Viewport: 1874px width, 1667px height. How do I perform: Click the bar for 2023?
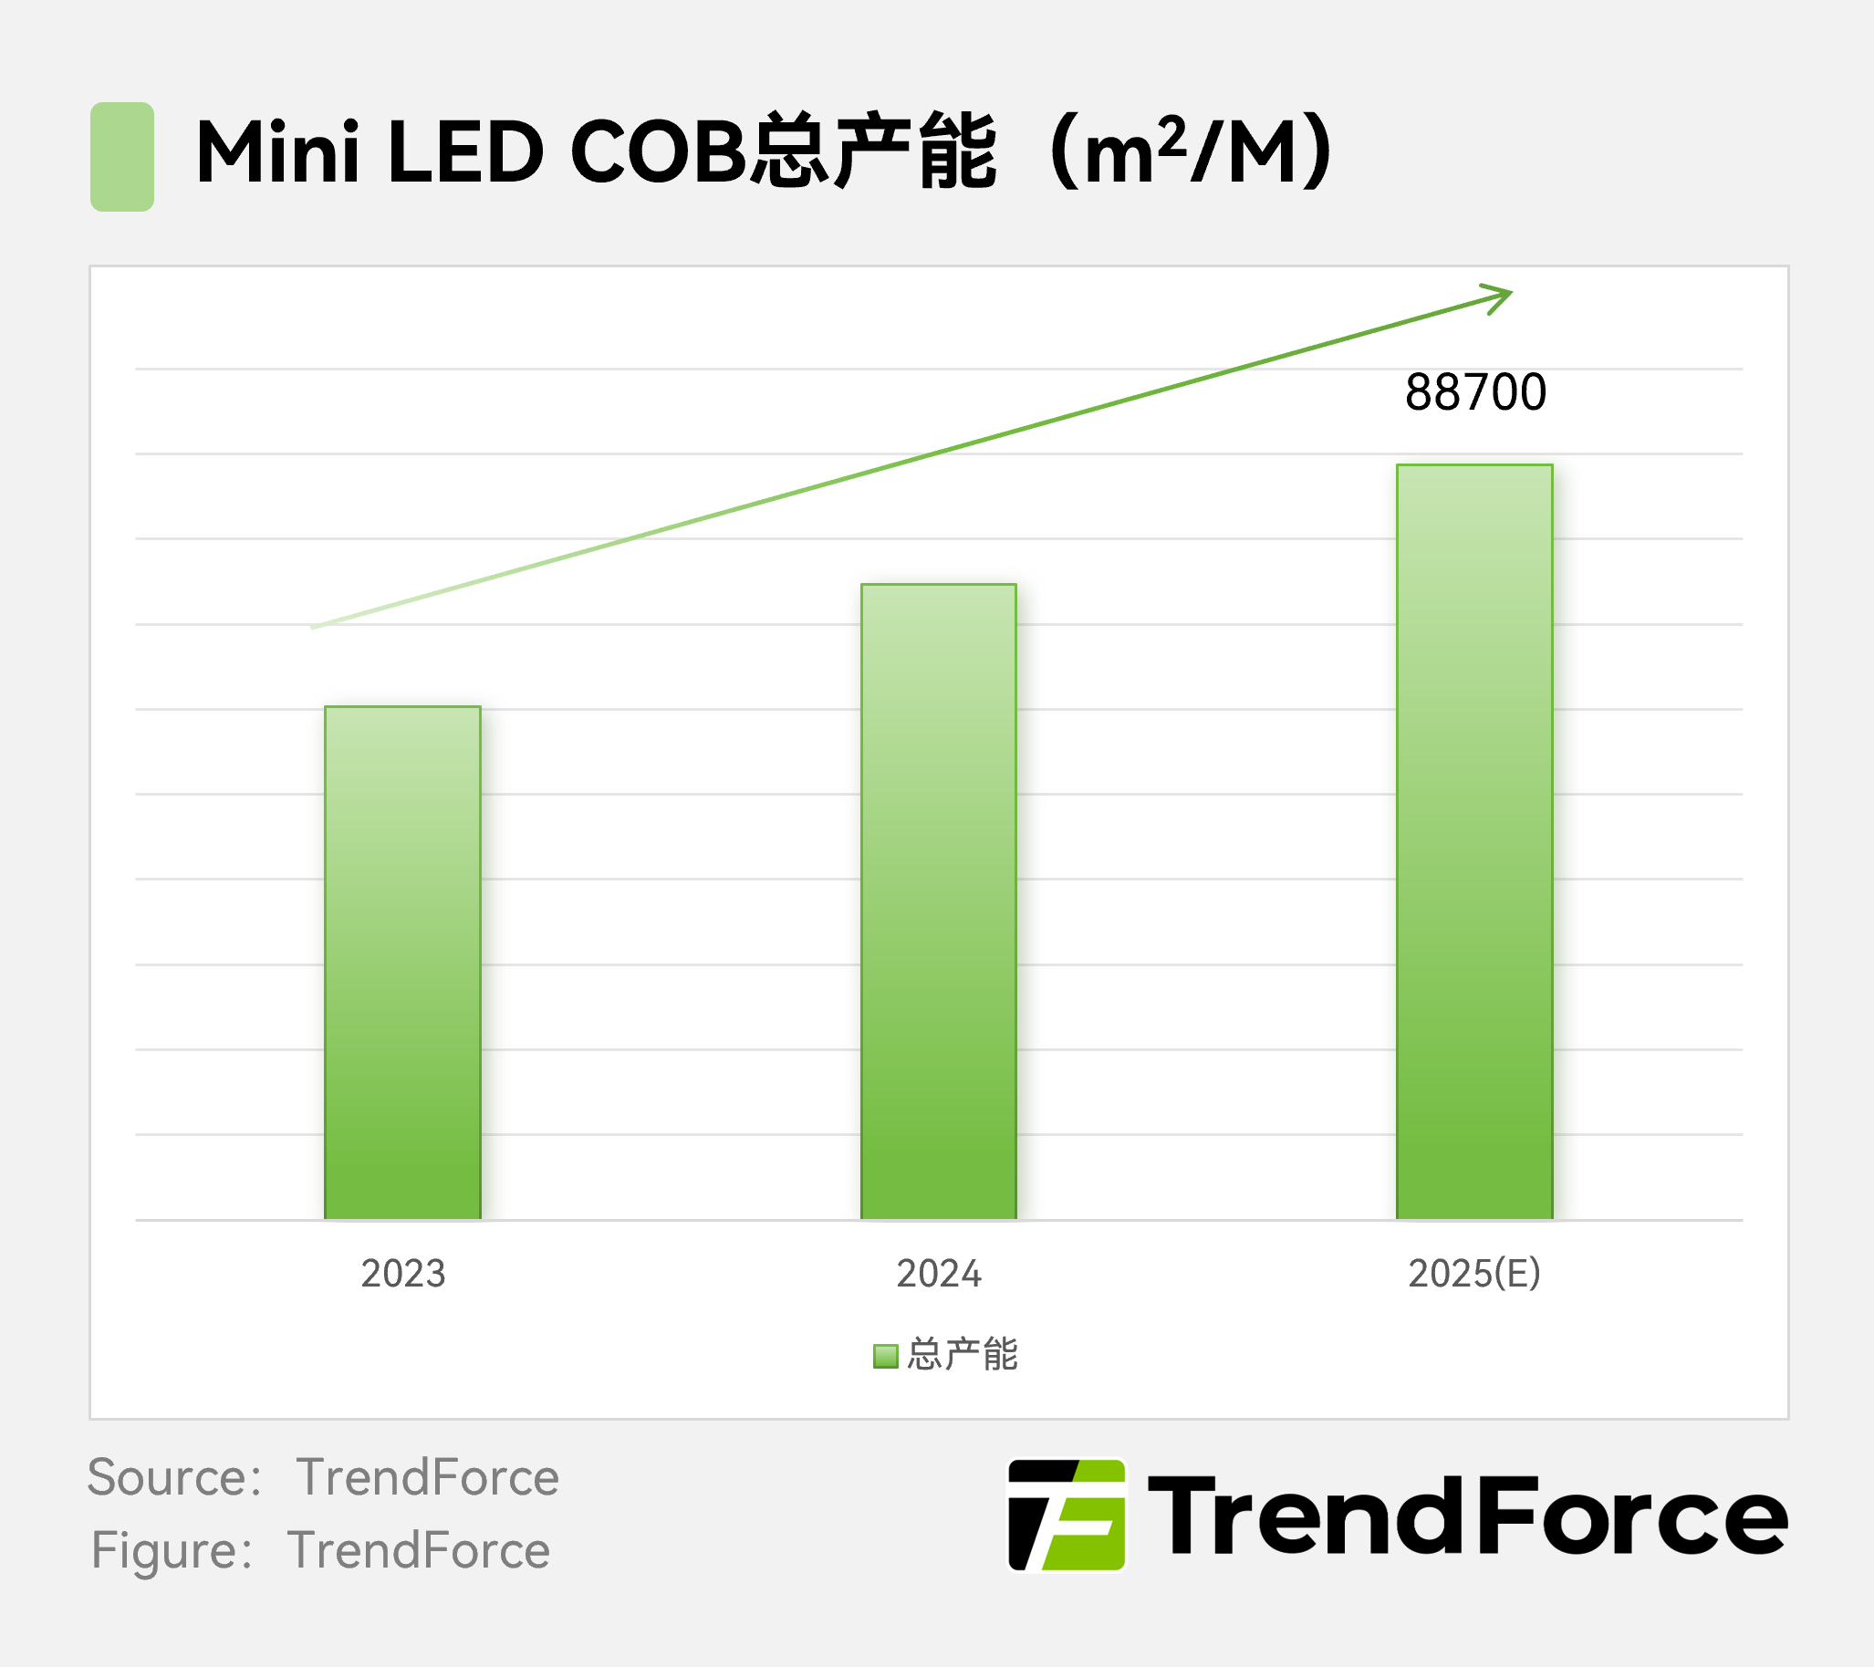(x=402, y=963)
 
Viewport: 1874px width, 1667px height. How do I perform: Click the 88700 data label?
(x=1475, y=392)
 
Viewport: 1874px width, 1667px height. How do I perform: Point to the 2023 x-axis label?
(x=402, y=1274)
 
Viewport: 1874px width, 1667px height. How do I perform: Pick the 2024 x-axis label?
(x=938, y=1274)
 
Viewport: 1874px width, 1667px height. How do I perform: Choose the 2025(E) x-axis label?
(x=1473, y=1274)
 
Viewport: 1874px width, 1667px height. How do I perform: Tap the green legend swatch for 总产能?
(x=885, y=1355)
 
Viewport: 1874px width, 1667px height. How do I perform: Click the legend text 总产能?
(x=962, y=1354)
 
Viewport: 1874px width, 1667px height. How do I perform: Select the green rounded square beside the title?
(x=122, y=157)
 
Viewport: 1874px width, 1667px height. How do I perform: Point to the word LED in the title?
(x=465, y=152)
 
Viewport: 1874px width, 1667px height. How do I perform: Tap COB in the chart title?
(x=659, y=152)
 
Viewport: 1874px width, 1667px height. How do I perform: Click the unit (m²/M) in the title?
(x=1192, y=152)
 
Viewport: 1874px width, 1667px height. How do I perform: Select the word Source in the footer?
(x=166, y=1477)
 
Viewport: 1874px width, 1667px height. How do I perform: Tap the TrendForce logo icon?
(x=1067, y=1515)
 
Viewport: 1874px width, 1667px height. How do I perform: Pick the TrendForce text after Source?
(x=427, y=1477)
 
